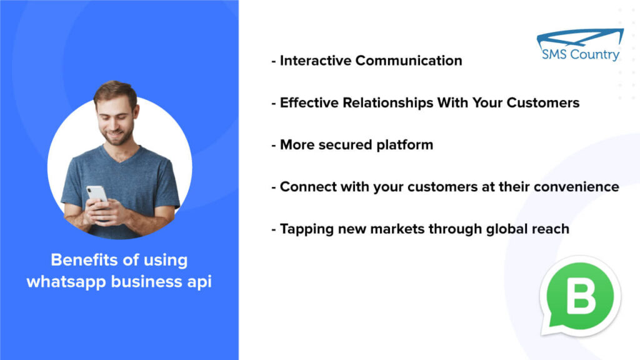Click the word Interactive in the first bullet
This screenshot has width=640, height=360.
pos(316,61)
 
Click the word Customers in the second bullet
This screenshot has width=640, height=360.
pos(543,102)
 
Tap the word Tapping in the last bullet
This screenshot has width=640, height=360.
pos(307,229)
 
